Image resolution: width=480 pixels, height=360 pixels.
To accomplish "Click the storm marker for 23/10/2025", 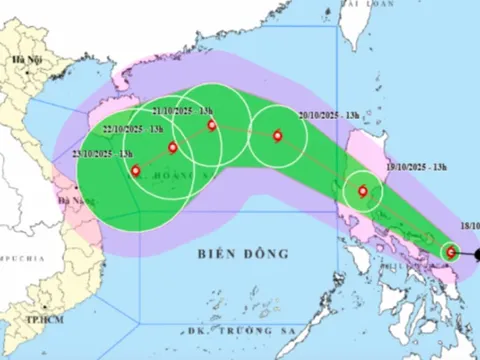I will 136,170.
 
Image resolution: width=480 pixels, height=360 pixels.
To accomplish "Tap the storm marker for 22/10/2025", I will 173,149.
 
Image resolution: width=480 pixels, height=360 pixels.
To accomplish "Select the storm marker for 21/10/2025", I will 211,125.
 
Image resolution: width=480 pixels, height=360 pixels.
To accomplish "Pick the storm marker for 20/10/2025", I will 277,135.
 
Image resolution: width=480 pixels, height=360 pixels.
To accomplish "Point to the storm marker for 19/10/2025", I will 362,192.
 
